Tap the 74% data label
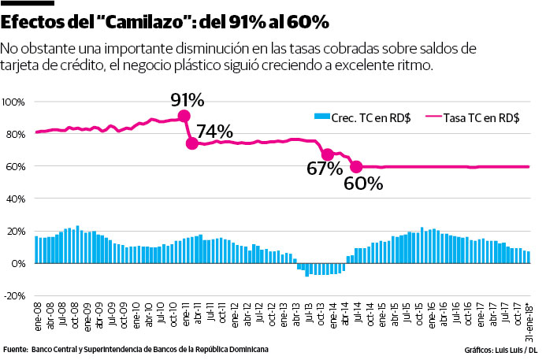[x=214, y=131]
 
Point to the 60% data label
[x=364, y=184]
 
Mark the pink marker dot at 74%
[x=191, y=143]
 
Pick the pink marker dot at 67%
[x=328, y=154]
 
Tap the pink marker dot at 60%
[x=356, y=166]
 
